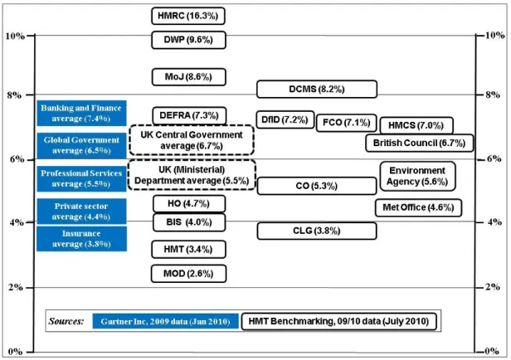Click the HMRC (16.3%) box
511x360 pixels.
coord(188,16)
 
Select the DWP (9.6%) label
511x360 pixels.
coord(188,40)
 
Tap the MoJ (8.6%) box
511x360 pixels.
coord(188,77)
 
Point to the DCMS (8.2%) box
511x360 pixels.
coord(317,90)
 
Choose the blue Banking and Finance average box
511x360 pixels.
coord(81,113)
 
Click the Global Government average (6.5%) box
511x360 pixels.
coord(81,145)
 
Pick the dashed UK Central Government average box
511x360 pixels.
coord(192,140)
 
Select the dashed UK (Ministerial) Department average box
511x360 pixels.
coord(192,175)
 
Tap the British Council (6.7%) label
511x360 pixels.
coord(420,143)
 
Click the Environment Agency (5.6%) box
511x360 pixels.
coord(418,176)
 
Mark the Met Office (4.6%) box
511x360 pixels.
coord(418,207)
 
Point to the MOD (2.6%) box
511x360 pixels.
coord(188,274)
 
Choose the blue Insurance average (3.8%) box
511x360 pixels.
coord(81,239)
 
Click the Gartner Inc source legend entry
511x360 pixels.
coord(166,321)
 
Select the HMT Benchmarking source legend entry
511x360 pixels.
coord(339,322)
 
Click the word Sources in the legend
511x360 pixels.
coord(66,322)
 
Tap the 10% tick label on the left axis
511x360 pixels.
coord(15,36)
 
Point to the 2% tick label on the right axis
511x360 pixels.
coord(493,287)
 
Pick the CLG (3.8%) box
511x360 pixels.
coord(317,231)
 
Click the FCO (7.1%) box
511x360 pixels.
coord(347,123)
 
